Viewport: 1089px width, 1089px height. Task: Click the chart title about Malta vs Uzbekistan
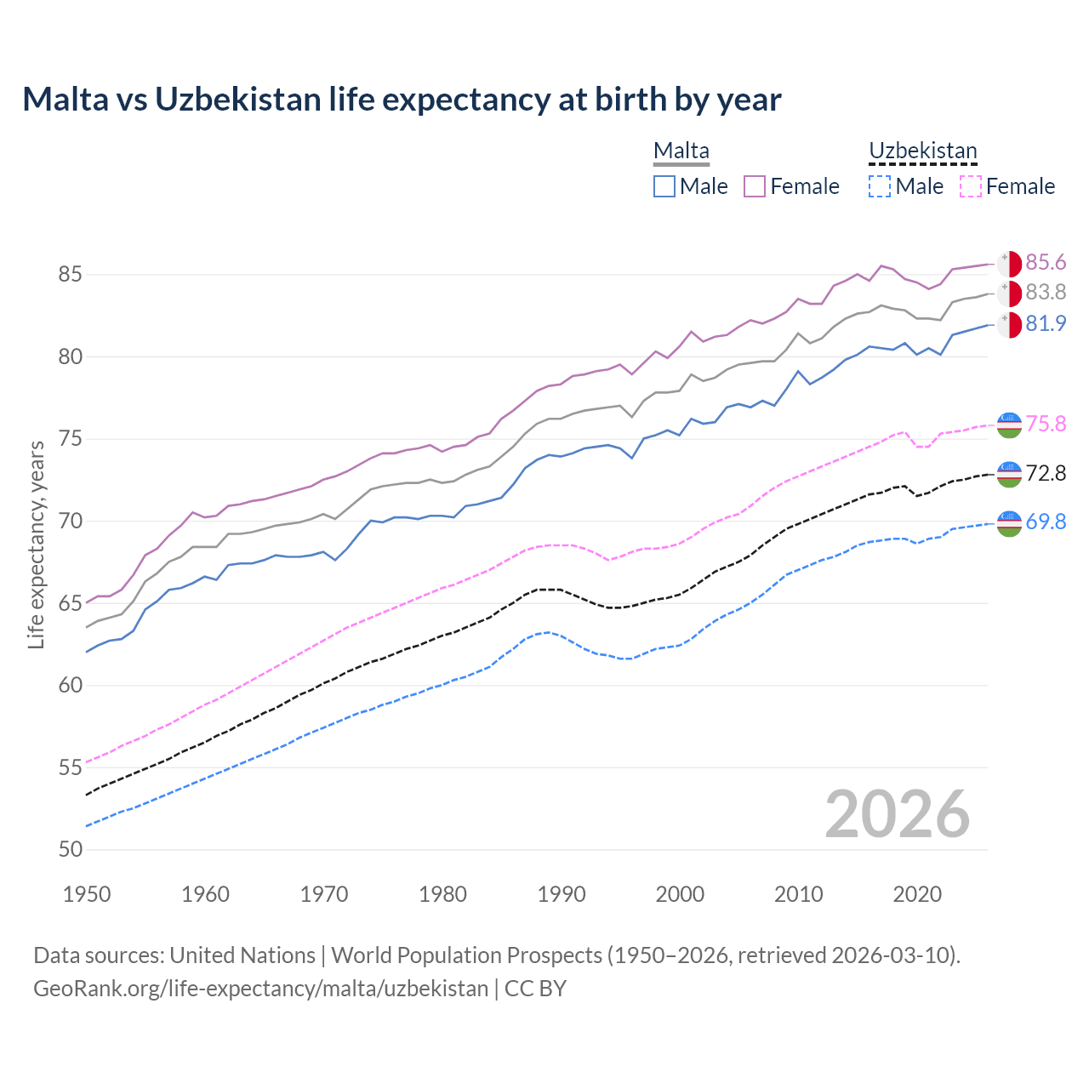coord(402,100)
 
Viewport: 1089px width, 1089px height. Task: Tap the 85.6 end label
coord(1046,262)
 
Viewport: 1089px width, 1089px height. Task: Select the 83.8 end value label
coord(1046,292)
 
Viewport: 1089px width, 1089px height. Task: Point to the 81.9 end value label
coord(1046,323)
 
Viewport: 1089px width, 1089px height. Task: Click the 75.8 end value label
coord(1046,424)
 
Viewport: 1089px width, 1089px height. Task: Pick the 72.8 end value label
coord(1046,473)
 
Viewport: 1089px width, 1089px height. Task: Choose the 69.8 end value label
coord(1046,522)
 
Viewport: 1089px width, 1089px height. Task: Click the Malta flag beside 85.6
coord(1009,263)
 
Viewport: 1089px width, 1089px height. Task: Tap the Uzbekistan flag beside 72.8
coord(1009,474)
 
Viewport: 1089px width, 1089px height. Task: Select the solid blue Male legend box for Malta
coord(664,186)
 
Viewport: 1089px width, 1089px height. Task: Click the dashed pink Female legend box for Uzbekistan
coord(971,186)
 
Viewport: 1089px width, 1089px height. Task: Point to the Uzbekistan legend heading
coord(922,151)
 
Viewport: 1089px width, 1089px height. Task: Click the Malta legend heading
coord(681,151)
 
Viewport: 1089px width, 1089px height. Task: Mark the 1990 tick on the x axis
coord(562,894)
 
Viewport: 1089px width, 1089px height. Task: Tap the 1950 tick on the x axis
coord(87,894)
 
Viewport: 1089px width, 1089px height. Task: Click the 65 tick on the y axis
coord(71,603)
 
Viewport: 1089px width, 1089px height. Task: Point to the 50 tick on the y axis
coord(71,849)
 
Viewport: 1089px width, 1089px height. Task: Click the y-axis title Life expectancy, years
coord(37,544)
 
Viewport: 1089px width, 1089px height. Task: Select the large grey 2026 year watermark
coord(897,814)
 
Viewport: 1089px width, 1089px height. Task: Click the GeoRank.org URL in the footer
coord(260,989)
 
